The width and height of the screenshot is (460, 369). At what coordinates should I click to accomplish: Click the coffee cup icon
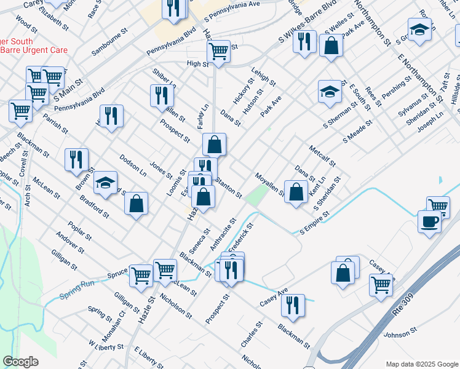429,221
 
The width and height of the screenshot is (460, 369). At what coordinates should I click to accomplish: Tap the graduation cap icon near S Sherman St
330,92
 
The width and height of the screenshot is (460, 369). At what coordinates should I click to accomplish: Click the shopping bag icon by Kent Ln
296,191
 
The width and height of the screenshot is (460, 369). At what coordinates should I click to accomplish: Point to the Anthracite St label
223,234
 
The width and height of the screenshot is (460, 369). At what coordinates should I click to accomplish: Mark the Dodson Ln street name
133,164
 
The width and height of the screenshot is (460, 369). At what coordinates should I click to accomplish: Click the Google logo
20,362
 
